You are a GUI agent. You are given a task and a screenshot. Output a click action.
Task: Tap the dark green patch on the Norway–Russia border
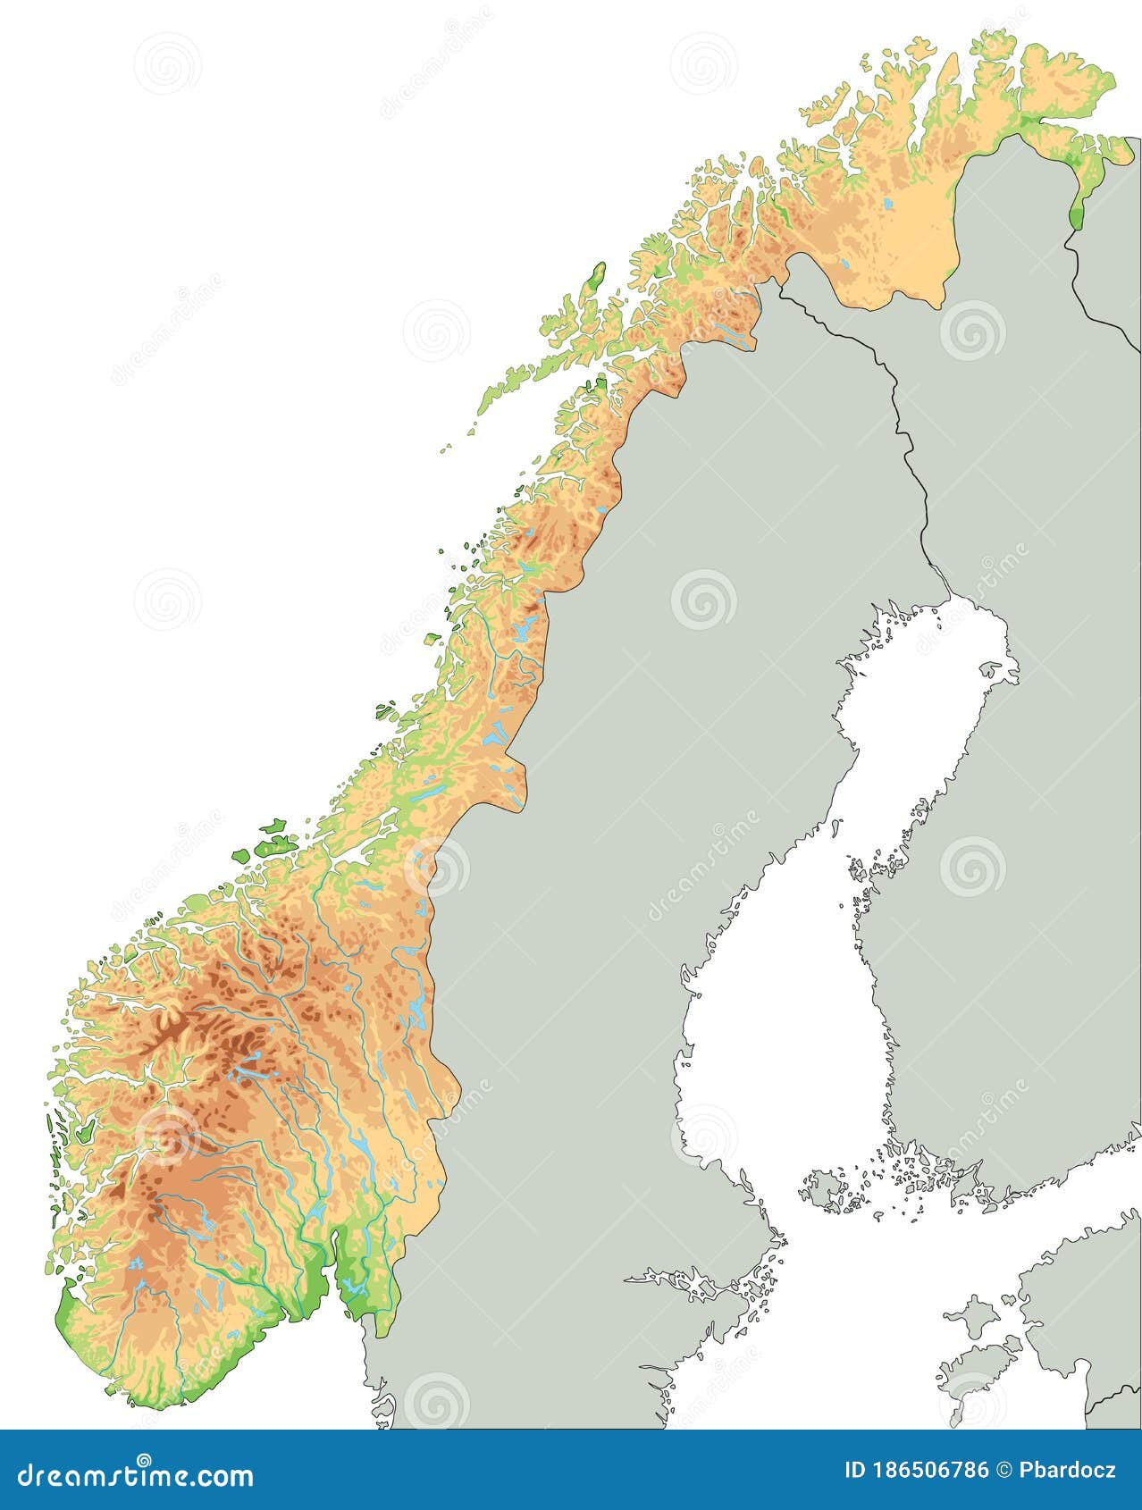pos(1077,211)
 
